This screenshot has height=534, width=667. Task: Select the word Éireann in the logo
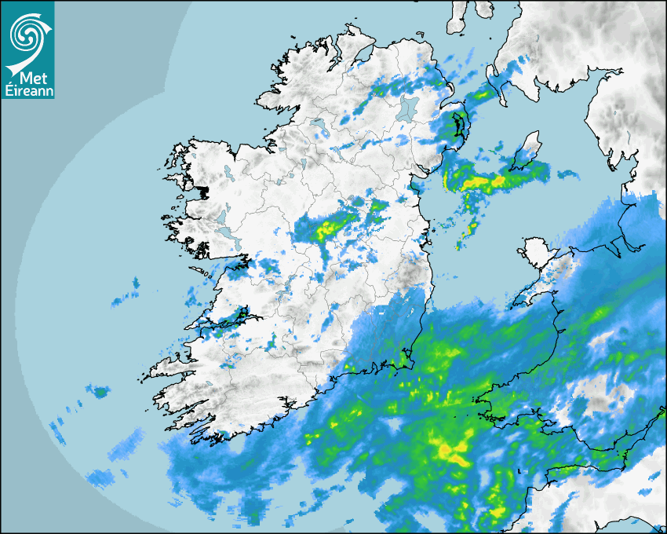click(x=27, y=91)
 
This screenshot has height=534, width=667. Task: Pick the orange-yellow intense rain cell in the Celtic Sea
click(x=450, y=451)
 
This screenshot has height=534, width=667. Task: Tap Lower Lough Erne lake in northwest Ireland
click(x=317, y=124)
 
